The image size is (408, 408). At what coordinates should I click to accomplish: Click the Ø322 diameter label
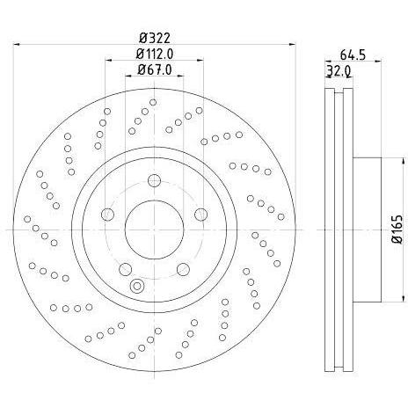[155, 38]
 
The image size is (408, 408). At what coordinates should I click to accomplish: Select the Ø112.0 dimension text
[155, 54]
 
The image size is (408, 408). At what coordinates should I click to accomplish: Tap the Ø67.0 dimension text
[155, 69]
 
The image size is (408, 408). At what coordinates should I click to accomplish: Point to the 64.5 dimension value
[353, 55]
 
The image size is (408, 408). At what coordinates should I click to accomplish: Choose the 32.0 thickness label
[339, 70]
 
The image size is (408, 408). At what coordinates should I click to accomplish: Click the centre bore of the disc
[154, 229]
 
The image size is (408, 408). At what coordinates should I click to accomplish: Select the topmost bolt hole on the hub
[154, 180]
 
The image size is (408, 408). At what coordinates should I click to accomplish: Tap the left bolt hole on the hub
[107, 215]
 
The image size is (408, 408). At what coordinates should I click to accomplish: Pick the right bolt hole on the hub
[201, 215]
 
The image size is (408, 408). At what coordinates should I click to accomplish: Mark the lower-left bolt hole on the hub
[125, 269]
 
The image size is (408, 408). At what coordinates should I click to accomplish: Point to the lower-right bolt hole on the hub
[183, 269]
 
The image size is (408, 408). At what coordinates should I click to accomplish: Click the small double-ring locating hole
[136, 286]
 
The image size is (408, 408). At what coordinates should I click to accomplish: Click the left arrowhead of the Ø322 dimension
[17, 45]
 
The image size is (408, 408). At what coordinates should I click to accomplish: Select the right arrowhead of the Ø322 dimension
[293, 45]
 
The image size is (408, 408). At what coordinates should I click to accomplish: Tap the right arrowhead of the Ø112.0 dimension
[200, 61]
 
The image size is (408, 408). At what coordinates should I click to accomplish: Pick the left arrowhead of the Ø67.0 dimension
[128, 76]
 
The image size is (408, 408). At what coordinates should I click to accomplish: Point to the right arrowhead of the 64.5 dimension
[378, 61]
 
